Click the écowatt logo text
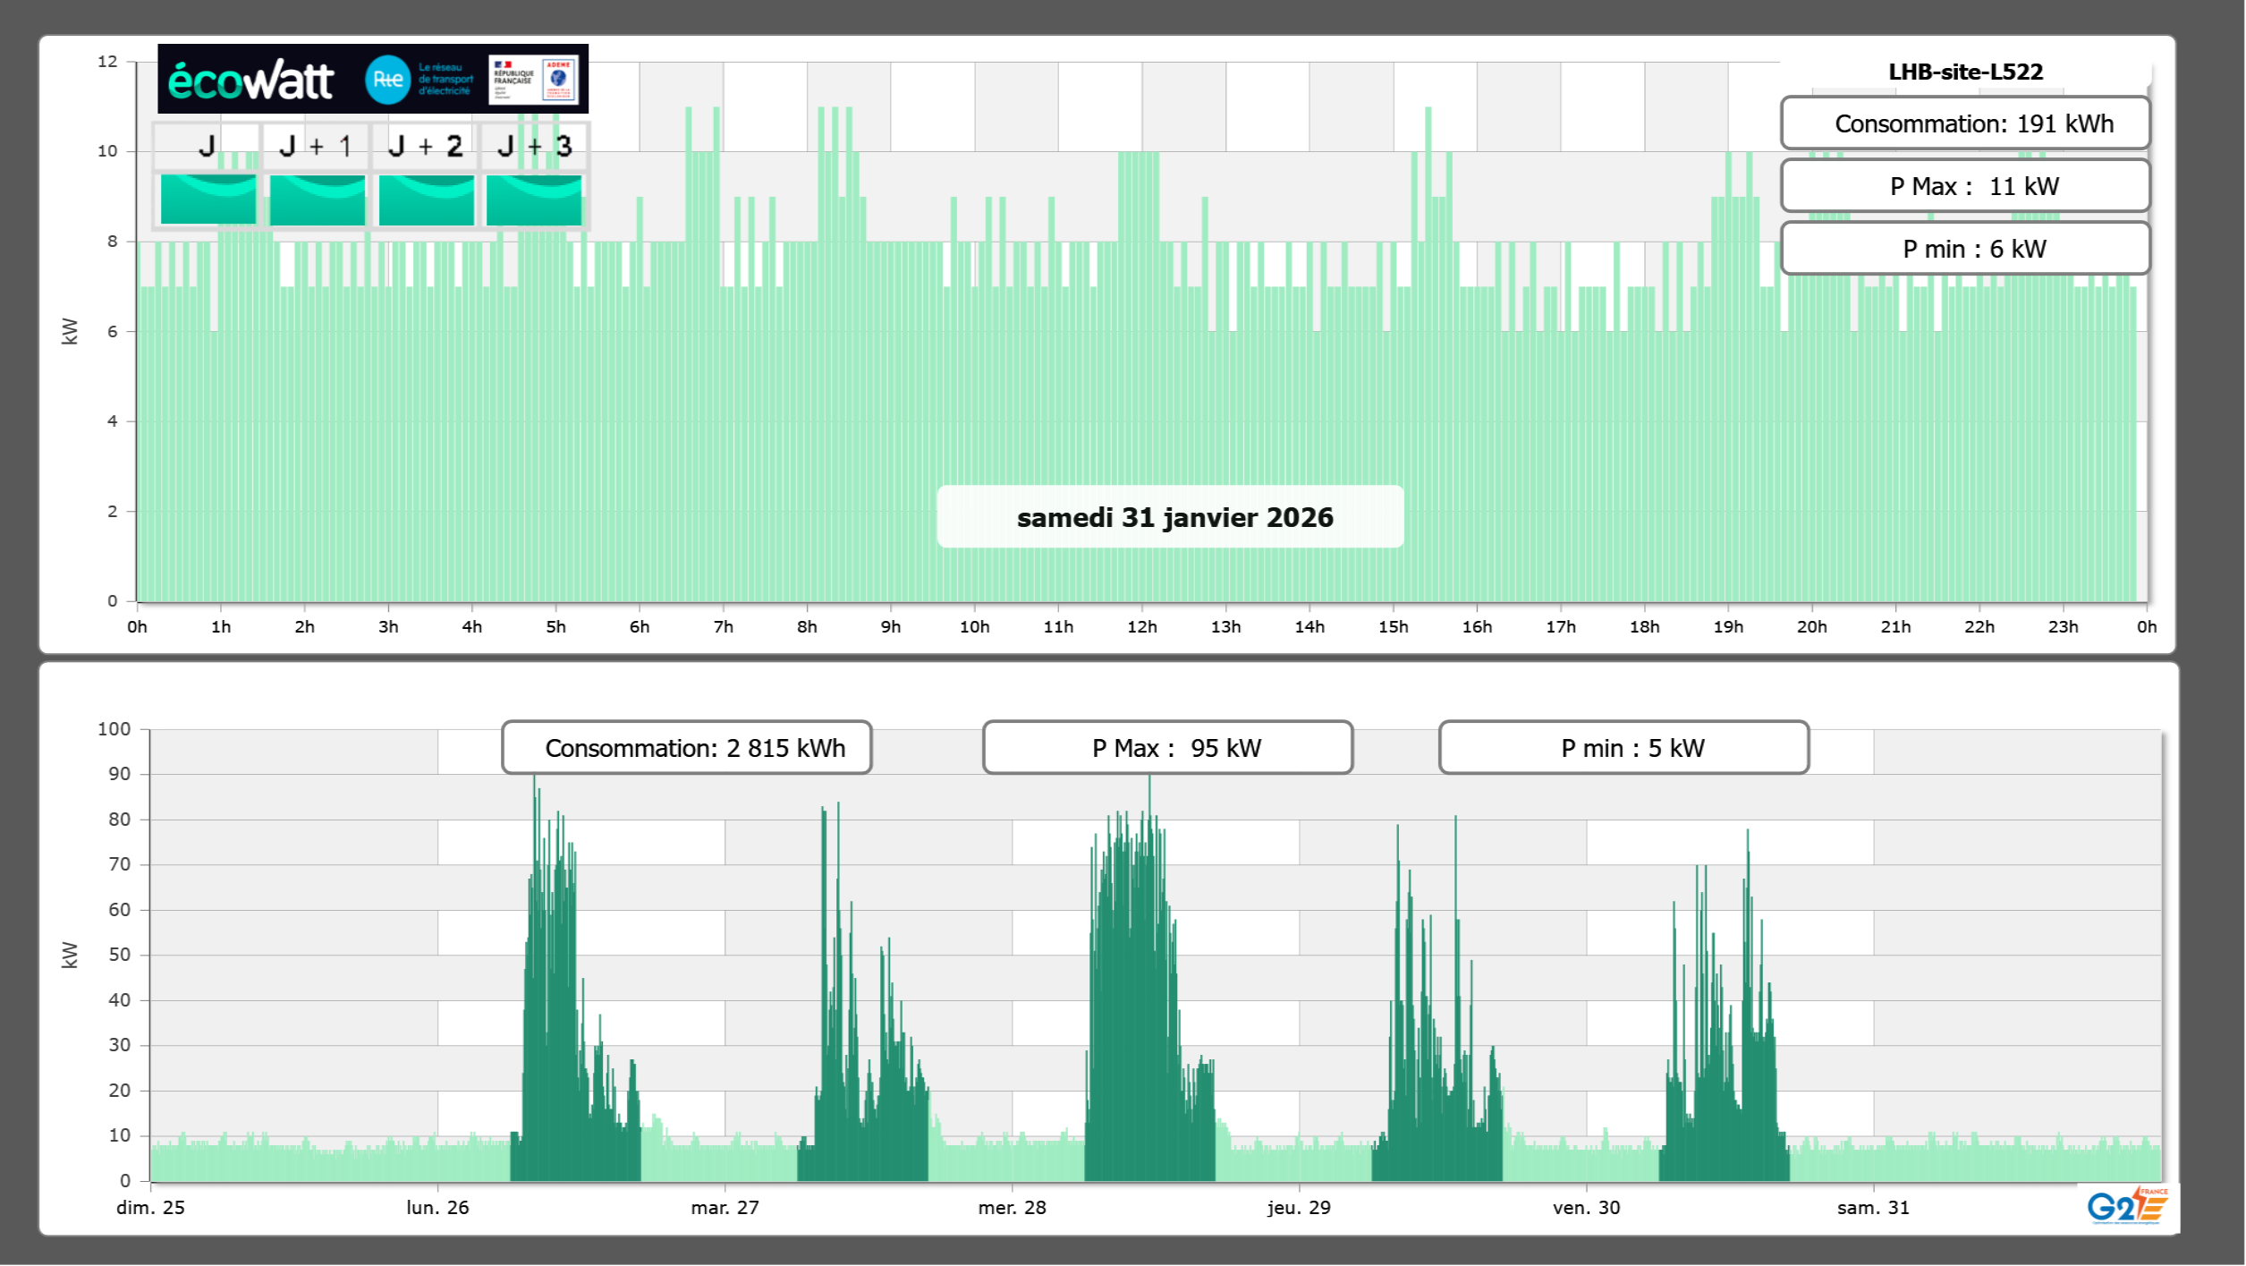click(250, 81)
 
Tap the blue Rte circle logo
click(387, 80)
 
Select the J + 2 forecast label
click(426, 146)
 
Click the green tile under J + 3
click(534, 200)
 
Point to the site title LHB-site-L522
click(1965, 72)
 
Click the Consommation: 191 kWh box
click(1965, 123)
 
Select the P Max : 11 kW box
click(1965, 186)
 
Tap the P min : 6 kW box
click(1965, 249)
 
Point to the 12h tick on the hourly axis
click(1141, 626)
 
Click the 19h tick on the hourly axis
click(1728, 626)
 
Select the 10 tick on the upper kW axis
click(107, 151)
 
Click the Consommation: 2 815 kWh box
click(687, 748)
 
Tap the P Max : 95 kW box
click(1167, 748)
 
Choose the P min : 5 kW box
click(1623, 748)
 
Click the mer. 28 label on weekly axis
click(1012, 1207)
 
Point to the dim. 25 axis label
click(150, 1207)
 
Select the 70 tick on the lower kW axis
click(119, 864)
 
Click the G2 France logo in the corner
click(2127, 1205)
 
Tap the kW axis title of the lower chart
click(70, 955)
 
